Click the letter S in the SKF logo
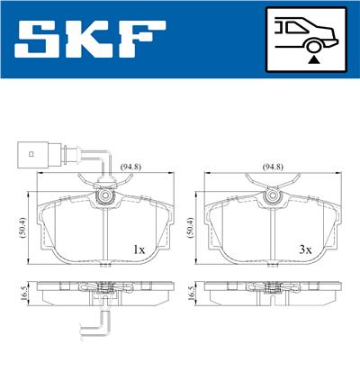(x=40, y=41)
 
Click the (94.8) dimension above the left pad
(x=106, y=166)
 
